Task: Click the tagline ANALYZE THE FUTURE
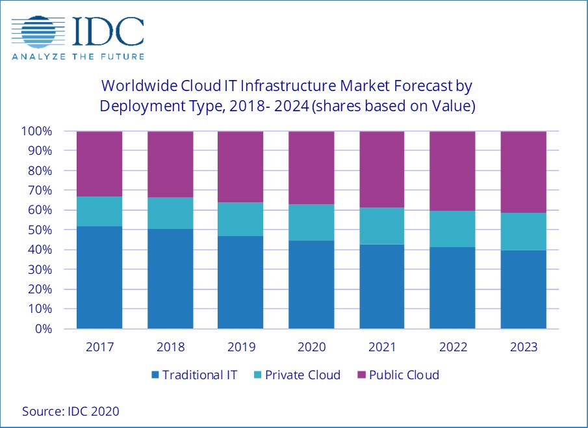click(x=78, y=57)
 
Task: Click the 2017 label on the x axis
click(x=99, y=347)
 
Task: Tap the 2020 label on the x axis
click(x=311, y=347)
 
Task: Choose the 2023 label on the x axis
click(x=524, y=347)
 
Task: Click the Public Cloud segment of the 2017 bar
click(x=99, y=163)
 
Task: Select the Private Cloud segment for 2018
click(x=170, y=213)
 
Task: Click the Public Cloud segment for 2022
click(x=453, y=170)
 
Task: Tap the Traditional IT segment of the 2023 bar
click(x=524, y=289)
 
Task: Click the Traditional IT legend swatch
click(x=155, y=375)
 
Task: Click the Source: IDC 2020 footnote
click(x=71, y=411)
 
